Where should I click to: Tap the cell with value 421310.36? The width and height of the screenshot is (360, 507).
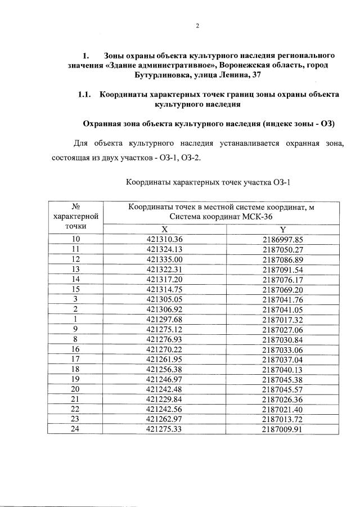click(x=164, y=239)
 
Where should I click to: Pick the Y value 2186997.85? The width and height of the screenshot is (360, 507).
click(x=282, y=239)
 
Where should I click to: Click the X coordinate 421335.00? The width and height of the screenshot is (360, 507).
click(x=164, y=259)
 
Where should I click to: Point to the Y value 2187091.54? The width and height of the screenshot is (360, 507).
click(x=282, y=269)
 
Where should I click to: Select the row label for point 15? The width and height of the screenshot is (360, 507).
click(x=75, y=289)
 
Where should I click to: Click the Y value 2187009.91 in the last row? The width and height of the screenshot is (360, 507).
click(x=282, y=429)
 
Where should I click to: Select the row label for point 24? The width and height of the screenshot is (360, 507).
click(x=75, y=429)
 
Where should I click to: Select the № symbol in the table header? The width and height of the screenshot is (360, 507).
click(x=75, y=206)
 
